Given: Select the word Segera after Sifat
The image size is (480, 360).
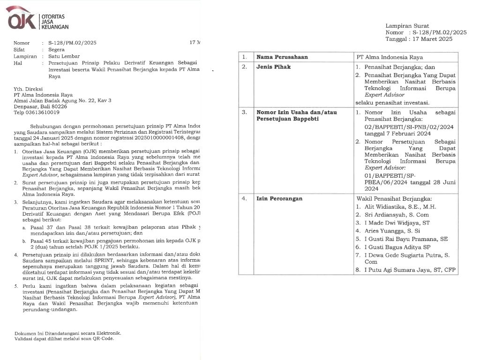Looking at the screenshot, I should coord(50,49).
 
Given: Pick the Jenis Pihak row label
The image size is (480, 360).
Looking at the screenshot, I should coord(273,67).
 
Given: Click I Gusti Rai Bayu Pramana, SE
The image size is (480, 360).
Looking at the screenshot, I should coord(406,239).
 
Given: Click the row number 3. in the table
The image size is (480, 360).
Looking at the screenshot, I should coord(244,112).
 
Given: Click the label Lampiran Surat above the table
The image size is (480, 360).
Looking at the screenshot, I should coord(407,26).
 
